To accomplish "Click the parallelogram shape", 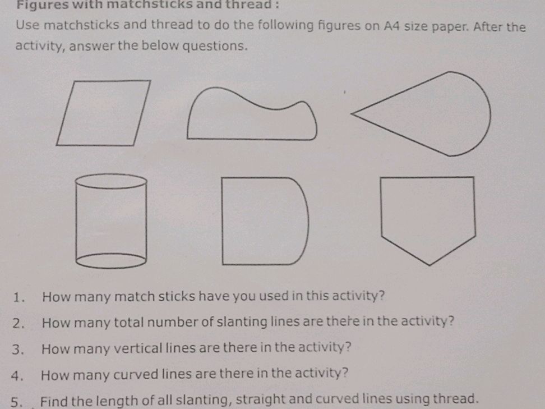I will tap(104, 113).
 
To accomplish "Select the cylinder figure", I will tap(110, 222).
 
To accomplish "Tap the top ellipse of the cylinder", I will tap(110, 181).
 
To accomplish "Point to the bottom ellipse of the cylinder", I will tap(110, 260).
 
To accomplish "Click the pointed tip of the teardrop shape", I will tap(353, 114).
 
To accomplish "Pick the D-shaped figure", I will tap(264, 220).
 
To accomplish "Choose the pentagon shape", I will tap(428, 216).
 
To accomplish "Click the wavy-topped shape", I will tap(251, 117).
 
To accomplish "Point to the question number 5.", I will tap(19, 401).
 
